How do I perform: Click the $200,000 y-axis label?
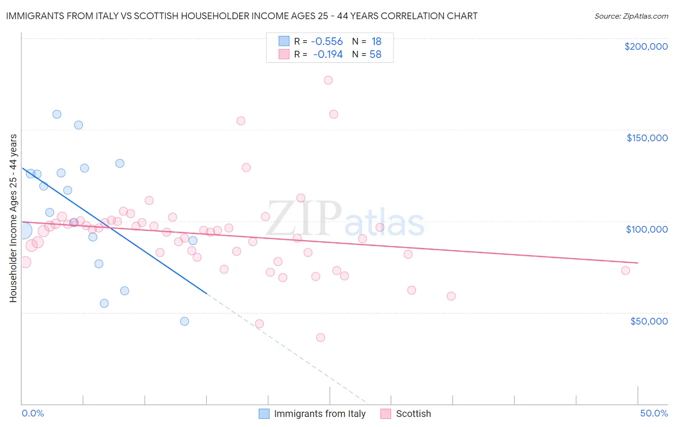click(646, 46)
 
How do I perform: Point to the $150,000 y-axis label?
click(647, 138)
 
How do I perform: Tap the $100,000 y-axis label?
click(647, 229)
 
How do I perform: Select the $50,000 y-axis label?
click(649, 321)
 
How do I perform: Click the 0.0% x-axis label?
click(33, 413)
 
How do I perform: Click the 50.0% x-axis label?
click(654, 413)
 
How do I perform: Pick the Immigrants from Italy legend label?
click(320, 414)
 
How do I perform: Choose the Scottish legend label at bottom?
click(413, 414)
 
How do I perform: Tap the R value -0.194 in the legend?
click(328, 55)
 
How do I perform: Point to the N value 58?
click(375, 55)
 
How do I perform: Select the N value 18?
click(376, 41)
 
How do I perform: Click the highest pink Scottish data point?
click(328, 80)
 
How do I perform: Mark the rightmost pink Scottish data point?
click(625, 270)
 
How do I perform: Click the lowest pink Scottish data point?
click(321, 337)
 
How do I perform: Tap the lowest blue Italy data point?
click(185, 321)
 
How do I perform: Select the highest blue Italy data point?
click(57, 114)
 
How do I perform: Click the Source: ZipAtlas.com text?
click(631, 16)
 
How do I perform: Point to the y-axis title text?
click(13, 218)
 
